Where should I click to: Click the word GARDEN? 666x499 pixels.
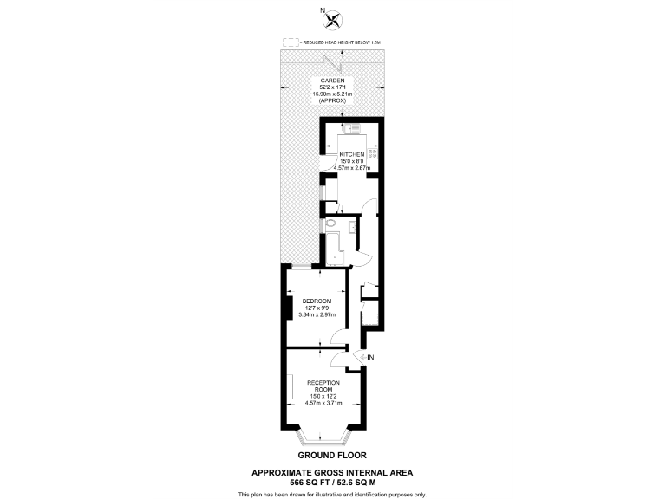point(333,80)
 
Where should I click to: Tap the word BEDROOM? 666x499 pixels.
point(317,301)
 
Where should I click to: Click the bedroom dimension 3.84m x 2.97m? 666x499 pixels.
point(317,314)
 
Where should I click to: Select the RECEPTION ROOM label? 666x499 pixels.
point(323,386)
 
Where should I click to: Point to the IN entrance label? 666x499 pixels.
point(370,357)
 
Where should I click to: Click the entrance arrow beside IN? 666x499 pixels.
point(360,357)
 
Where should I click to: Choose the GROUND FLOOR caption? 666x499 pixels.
point(332,455)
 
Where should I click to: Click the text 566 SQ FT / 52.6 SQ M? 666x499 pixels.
point(332,482)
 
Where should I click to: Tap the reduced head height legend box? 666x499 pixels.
point(291,42)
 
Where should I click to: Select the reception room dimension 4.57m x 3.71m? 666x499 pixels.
point(323,403)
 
